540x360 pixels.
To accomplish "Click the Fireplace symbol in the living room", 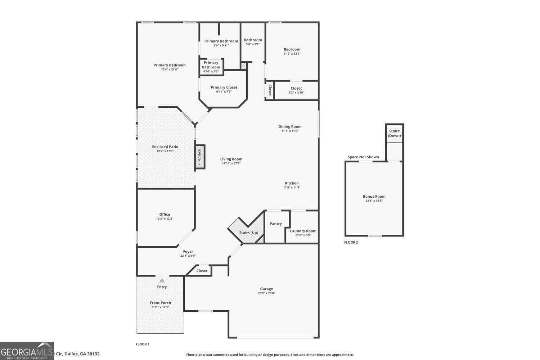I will coord(200,157).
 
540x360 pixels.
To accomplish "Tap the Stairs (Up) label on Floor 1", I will coord(248,233).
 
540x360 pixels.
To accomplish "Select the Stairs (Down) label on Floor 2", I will coord(394,133).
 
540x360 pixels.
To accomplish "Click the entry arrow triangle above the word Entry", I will coord(162,280).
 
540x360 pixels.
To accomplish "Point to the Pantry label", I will coord(276,224).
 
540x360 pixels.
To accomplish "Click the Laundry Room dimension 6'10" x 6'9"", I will coord(303,235).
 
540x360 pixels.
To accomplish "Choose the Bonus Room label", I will coord(374,196).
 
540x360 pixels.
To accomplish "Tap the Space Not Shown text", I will coord(363,157).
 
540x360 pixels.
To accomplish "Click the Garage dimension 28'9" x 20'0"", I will coord(266,293).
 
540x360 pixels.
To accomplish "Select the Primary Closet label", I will coord(224,87).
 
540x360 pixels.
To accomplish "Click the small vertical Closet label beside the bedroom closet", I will coord(270,90).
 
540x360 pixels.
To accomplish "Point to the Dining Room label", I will coord(290,126).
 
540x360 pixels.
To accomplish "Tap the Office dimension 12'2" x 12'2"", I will coord(165,219).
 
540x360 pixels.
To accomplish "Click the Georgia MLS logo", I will coord(27,351).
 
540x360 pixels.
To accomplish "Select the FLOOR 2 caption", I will coord(351,242).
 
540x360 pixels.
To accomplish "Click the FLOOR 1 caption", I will coord(143,344).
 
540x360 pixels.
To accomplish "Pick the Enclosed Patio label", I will coord(165,147).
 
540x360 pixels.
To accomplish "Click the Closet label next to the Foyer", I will coord(202,271).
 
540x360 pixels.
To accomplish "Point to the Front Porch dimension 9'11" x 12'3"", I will coord(160,307).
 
